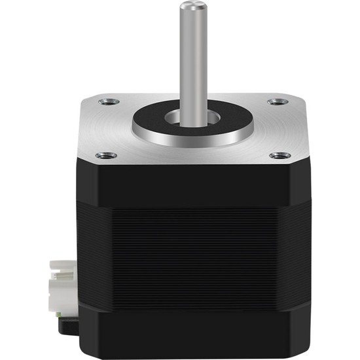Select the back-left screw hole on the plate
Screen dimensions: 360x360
tap(107, 101)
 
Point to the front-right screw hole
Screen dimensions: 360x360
tap(281, 155)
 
